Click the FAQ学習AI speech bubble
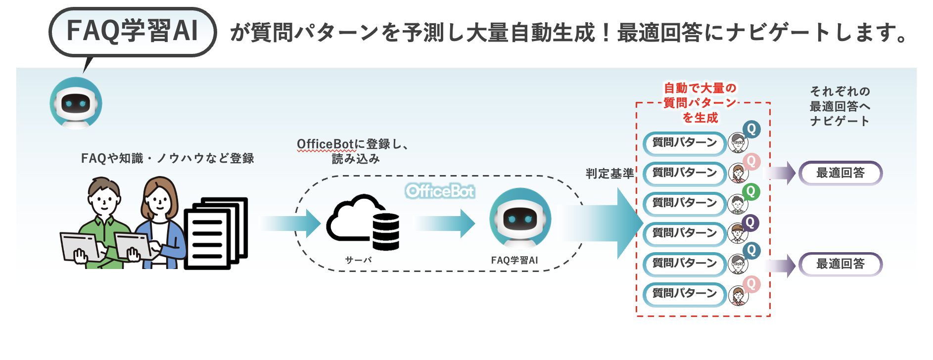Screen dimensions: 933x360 pos(133,32)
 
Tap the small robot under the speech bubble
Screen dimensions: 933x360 pos(76,103)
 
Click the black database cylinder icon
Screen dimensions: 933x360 pos(386,231)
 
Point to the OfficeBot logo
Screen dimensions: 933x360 pos(440,191)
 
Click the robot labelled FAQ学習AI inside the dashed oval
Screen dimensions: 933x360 pos(520,218)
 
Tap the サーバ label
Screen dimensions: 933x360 pos(358,260)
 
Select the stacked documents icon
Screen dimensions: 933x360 pos(216,233)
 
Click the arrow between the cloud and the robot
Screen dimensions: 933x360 pos(445,224)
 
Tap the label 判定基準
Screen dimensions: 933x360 pos(609,174)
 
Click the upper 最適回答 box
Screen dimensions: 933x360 pos(840,173)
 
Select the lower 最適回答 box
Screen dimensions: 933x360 pos(840,264)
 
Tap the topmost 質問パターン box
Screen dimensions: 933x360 pos(684,143)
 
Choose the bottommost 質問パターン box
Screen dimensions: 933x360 pos(684,294)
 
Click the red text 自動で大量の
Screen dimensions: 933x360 pos(700,88)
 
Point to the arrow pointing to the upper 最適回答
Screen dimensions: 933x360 pos(781,173)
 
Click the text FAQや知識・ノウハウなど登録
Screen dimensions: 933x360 pos(168,158)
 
